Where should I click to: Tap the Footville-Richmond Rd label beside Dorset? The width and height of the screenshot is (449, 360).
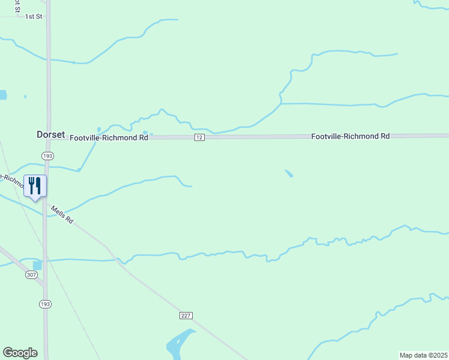(109, 137)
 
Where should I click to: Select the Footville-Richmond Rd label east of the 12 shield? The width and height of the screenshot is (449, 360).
(350, 136)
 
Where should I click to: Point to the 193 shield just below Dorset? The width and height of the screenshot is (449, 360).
(47, 155)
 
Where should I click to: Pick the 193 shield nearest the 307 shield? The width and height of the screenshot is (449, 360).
(45, 304)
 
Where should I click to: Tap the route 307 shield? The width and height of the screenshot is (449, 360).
(32, 275)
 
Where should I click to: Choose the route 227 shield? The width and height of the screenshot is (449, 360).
(185, 315)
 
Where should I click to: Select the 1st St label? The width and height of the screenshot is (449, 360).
(34, 17)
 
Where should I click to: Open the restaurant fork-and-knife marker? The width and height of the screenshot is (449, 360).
(35, 187)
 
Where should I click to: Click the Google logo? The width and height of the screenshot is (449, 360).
(20, 353)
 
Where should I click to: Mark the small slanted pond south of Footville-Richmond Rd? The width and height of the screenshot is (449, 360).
(289, 173)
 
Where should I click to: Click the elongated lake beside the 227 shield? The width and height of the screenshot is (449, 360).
(178, 343)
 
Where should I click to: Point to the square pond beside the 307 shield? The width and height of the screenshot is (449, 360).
(38, 265)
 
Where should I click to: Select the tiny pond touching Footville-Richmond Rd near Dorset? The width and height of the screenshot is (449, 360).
(146, 134)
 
